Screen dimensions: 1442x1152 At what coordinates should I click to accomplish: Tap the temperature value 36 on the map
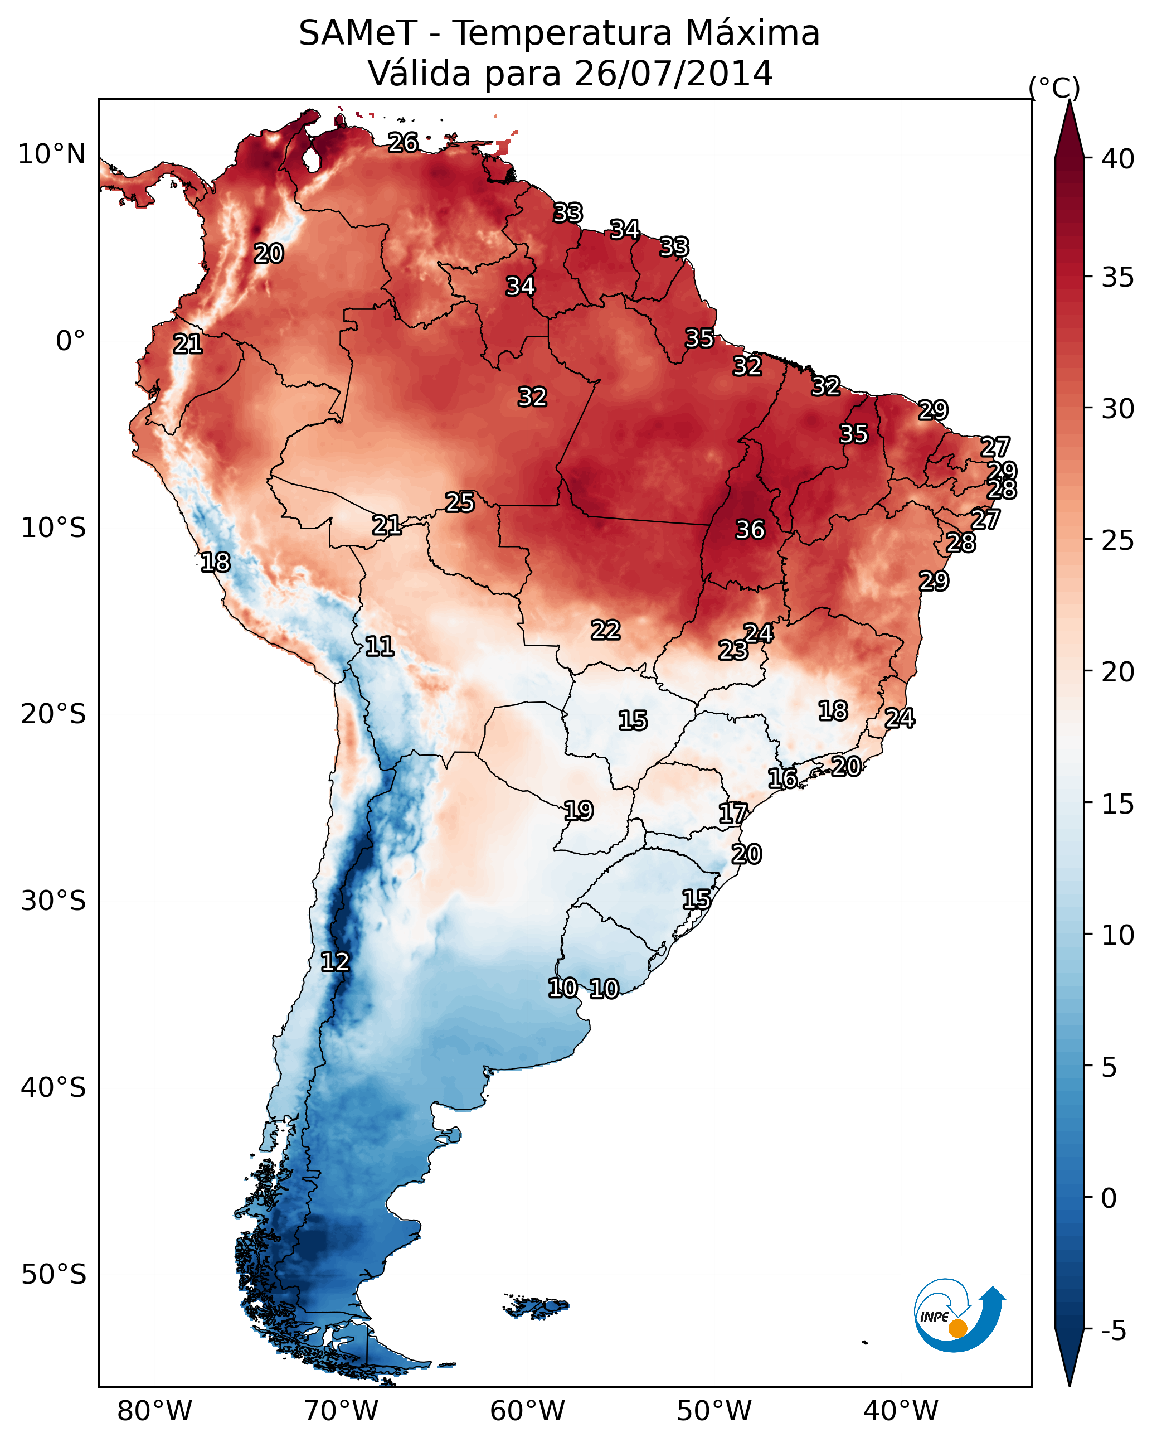click(750, 530)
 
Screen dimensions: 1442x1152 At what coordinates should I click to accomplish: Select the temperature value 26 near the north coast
click(403, 142)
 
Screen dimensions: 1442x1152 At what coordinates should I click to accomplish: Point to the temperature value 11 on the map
click(379, 646)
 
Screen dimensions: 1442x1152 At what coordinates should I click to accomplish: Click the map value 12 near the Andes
click(335, 962)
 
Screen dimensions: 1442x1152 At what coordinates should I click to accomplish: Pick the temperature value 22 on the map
click(605, 630)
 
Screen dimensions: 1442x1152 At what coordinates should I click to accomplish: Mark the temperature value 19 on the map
click(579, 811)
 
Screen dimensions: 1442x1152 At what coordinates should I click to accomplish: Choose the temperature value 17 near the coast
click(733, 814)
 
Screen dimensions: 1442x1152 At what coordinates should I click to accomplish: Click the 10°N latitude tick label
click(51, 154)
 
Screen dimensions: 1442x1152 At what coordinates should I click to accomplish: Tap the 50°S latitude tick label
click(54, 1275)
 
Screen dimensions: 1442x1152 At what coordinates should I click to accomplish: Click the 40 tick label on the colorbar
click(1117, 159)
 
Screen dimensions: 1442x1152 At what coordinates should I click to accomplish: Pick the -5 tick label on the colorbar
click(1113, 1331)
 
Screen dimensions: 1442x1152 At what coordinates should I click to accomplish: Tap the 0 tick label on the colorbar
click(1109, 1198)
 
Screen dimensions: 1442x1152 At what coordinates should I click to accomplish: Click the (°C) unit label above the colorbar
click(1054, 88)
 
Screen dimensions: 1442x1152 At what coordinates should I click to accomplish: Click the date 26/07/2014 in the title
click(673, 74)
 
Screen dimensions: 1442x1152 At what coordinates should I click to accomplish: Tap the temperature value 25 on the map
click(460, 502)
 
